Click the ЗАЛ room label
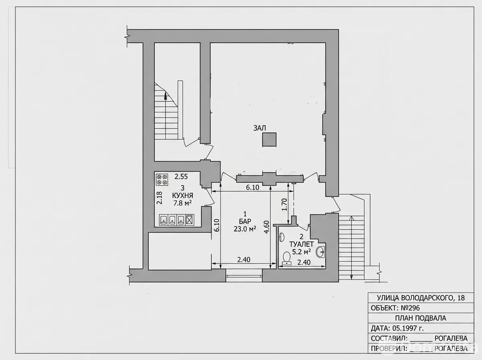(259, 128)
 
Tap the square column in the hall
(269, 139)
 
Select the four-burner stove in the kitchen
(162, 180)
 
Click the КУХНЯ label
(182, 195)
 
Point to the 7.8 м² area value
(182, 203)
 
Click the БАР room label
(245, 221)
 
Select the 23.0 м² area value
(245, 229)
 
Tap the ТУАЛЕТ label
(302, 244)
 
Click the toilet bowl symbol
(286, 258)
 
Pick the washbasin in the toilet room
(321, 252)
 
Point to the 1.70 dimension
(284, 205)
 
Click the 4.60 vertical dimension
(266, 227)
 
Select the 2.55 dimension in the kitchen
(181, 177)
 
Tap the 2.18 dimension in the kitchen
(159, 198)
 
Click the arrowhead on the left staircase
(165, 96)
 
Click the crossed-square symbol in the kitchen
(190, 220)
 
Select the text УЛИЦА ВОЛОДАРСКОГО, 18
(421, 298)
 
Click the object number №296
(411, 308)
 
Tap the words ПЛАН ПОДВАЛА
(421, 318)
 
